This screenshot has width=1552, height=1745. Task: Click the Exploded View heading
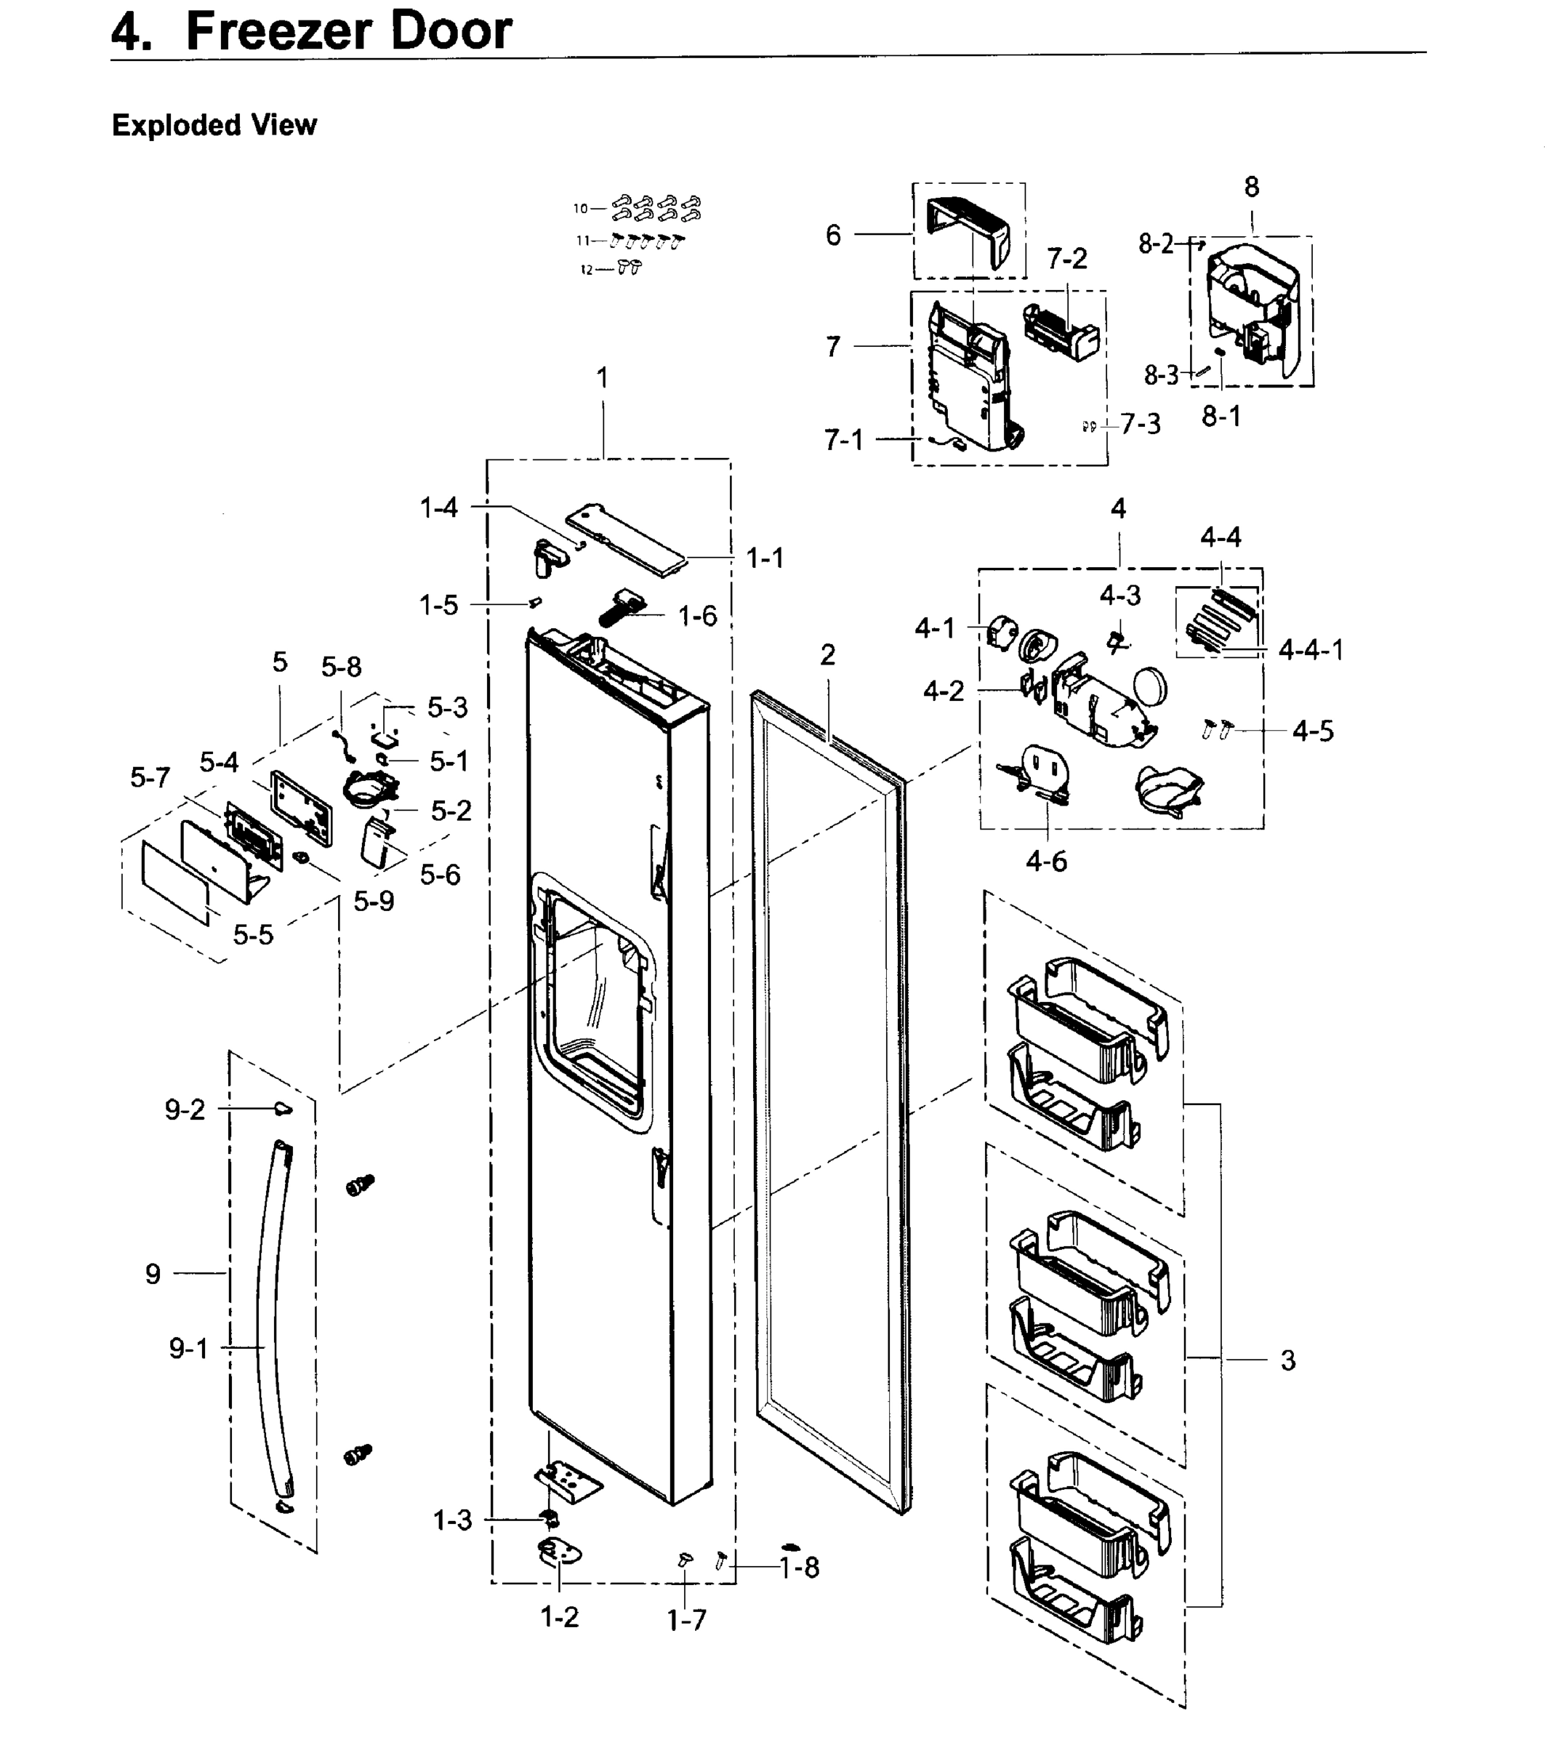click(214, 126)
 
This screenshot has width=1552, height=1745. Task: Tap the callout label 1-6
click(696, 616)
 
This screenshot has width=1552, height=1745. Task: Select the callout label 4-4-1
click(1311, 651)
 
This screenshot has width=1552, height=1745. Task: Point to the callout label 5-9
click(374, 901)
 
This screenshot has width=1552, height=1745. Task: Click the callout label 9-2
click(185, 1110)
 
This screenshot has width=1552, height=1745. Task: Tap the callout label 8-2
click(1156, 244)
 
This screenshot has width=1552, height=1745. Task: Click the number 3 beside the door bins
click(1287, 1360)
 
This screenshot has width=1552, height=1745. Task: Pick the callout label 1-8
click(799, 1568)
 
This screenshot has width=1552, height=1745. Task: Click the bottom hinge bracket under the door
click(568, 1483)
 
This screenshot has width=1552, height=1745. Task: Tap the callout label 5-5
click(253, 935)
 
